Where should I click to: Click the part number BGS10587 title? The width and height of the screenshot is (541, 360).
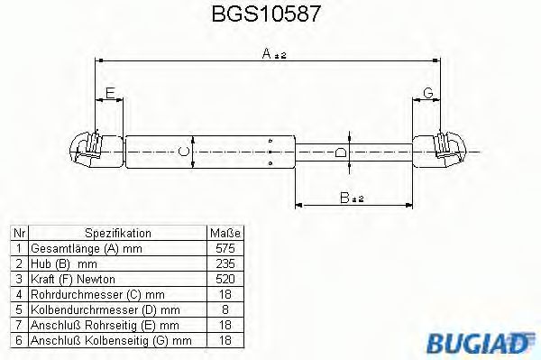pos(270,15)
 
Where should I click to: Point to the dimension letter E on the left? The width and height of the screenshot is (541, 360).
pos(109,93)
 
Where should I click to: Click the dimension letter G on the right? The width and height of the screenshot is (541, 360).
pos(427,93)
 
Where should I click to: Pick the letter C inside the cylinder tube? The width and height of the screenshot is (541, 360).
pos(184,151)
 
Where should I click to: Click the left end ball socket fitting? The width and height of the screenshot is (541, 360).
pos(90,149)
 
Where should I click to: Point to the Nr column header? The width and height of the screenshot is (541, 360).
pos(17,232)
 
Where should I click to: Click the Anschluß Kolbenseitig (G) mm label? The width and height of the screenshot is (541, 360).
pos(110,339)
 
